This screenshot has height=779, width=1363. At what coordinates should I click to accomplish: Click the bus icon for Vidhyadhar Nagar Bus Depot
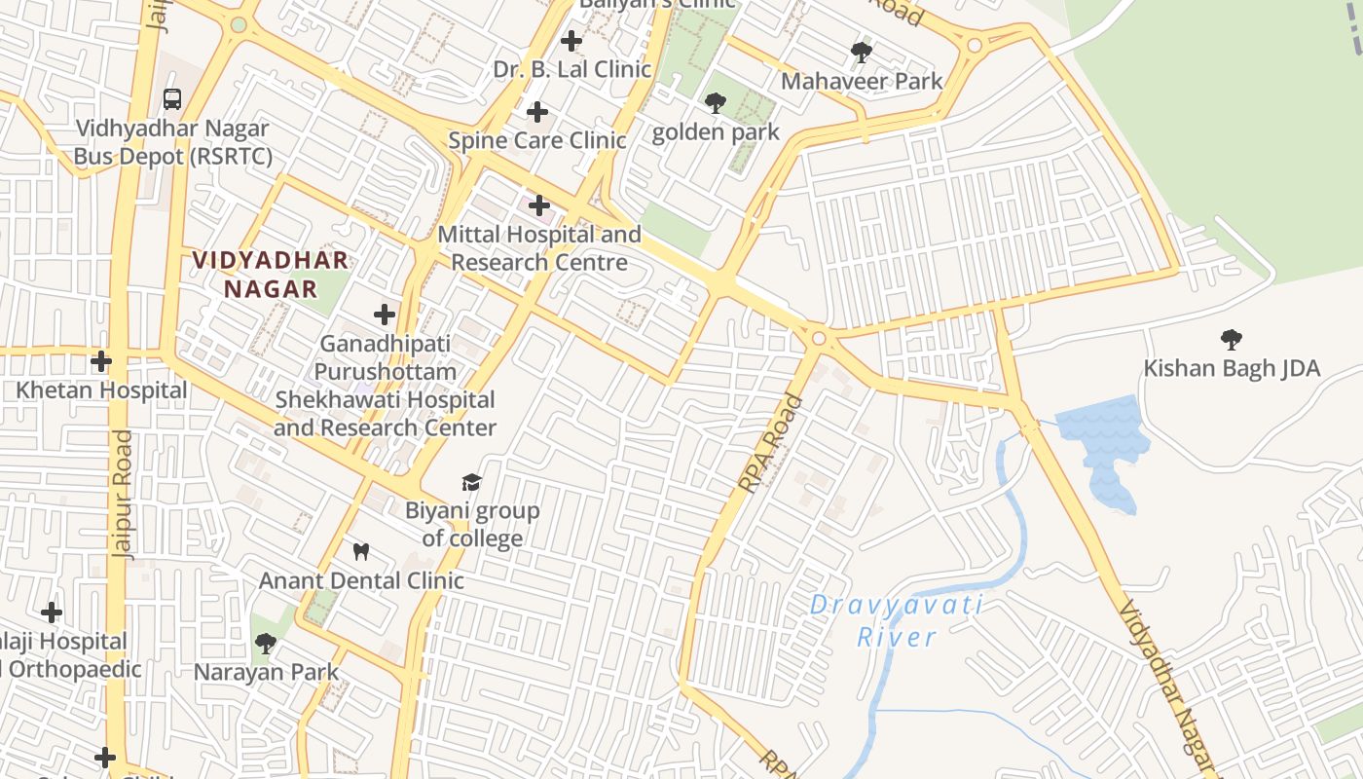(x=172, y=98)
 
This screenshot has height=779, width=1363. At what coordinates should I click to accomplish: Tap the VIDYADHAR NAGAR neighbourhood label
(x=271, y=275)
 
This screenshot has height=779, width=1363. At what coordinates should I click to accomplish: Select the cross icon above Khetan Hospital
(x=100, y=361)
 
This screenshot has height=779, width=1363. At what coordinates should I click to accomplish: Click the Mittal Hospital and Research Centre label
(x=539, y=248)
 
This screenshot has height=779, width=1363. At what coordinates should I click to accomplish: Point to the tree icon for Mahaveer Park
(x=861, y=52)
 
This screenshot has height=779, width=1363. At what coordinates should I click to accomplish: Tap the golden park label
(x=716, y=132)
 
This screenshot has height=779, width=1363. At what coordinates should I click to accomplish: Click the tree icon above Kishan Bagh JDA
(x=1231, y=339)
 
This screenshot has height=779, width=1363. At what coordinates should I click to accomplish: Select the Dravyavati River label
(x=897, y=621)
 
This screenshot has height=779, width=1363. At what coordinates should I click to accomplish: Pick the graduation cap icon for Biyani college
(x=471, y=482)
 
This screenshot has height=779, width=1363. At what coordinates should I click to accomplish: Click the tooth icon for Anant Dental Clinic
(x=360, y=552)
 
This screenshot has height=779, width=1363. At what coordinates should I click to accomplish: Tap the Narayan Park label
(x=266, y=672)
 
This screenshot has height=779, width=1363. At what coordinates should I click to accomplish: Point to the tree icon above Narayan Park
(x=265, y=644)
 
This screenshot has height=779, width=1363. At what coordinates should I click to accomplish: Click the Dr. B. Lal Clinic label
(x=571, y=69)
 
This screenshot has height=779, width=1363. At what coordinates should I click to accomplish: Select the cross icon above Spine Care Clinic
(x=536, y=112)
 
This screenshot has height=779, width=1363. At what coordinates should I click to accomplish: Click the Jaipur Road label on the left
(x=123, y=494)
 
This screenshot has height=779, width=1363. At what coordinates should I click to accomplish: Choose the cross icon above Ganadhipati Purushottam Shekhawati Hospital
(x=385, y=315)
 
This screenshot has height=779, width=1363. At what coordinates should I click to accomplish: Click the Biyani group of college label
(x=472, y=524)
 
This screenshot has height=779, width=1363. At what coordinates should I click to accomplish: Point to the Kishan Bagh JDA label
(x=1232, y=368)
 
